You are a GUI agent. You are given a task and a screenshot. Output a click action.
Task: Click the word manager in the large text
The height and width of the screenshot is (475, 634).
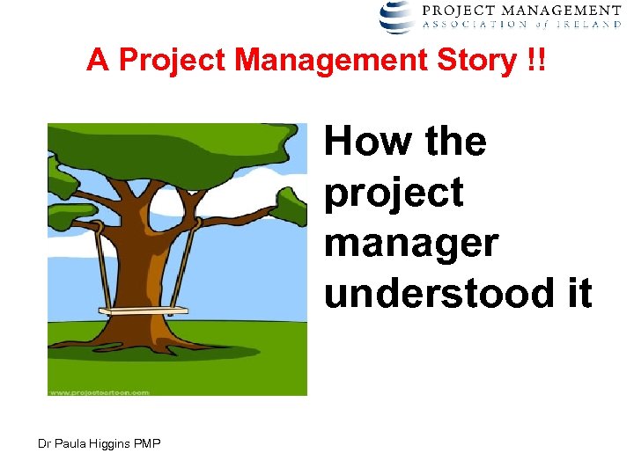pyautogui.click(x=411, y=244)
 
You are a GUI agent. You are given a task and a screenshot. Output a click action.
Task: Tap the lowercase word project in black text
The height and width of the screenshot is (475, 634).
pyautogui.click(x=394, y=193)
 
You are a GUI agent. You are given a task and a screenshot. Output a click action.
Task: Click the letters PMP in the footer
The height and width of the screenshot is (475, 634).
pyautogui.click(x=147, y=443)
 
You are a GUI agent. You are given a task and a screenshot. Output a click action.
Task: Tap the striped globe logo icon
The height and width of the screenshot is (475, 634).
pyautogui.click(x=396, y=16)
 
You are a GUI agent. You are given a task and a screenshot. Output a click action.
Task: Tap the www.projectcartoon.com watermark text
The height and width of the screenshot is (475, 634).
pyautogui.click(x=100, y=391)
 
